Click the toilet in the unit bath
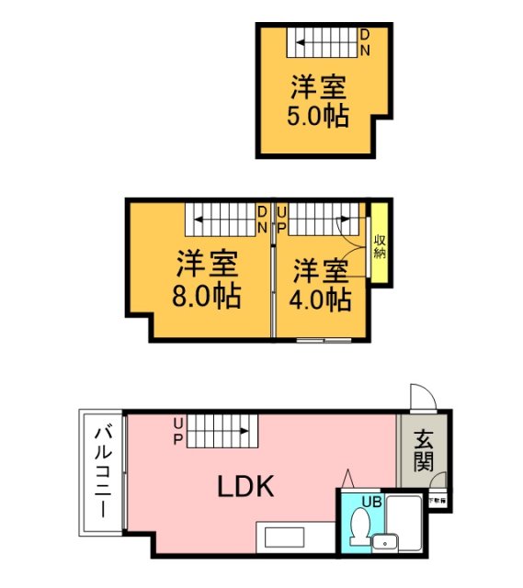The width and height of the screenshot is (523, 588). click(360, 526)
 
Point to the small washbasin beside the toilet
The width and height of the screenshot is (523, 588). click(384, 543)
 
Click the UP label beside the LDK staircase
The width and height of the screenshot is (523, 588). click(178, 428)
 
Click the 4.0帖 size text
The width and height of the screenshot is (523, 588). click(321, 299)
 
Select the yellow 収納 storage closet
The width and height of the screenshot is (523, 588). click(379, 243)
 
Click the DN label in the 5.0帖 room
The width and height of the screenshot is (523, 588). click(365, 42)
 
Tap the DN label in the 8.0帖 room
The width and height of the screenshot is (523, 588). click(263, 219)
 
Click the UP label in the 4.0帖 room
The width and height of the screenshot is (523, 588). click(281, 219)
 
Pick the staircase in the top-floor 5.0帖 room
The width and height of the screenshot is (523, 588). click(321, 42)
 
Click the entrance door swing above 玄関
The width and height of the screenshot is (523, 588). click(421, 396)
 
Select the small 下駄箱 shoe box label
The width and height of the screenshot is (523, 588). click(439, 501)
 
